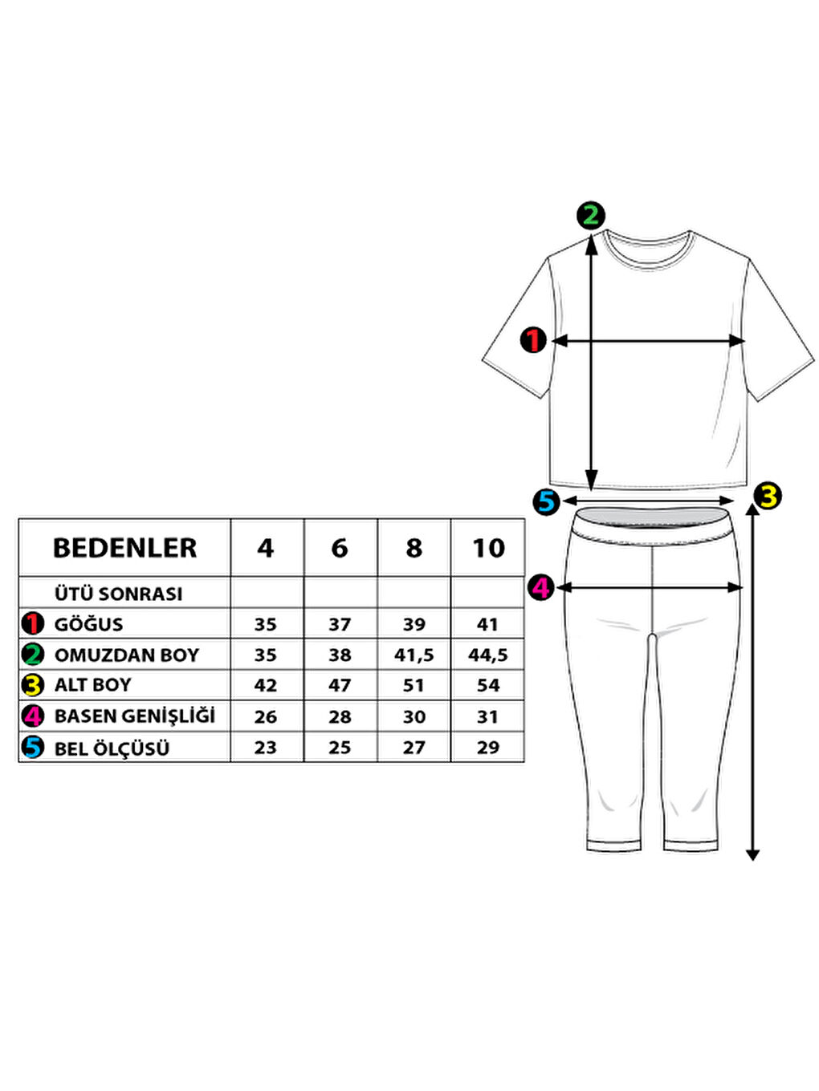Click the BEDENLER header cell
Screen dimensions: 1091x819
click(124, 548)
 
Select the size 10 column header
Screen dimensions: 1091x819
click(488, 548)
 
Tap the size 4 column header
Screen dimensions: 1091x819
click(266, 548)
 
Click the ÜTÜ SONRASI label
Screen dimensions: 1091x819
click(118, 594)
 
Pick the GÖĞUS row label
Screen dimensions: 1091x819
click(88, 624)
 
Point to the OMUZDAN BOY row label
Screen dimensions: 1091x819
click(126, 655)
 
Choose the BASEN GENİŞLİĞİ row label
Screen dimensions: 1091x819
click(134, 716)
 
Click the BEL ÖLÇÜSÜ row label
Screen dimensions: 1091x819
click(112, 748)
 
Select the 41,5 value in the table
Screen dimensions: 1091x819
click(414, 655)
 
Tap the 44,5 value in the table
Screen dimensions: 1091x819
click(488, 655)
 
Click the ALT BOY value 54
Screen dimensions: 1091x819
click(488, 685)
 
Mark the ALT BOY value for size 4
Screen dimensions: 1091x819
click(266, 685)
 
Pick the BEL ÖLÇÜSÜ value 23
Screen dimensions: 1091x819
click(266, 748)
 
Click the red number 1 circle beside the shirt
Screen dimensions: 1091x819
click(533, 340)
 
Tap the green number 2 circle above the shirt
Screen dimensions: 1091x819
click(591, 215)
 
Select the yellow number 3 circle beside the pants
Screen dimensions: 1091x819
click(768, 496)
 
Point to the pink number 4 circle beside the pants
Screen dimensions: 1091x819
click(541, 587)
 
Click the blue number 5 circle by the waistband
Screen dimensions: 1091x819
click(546, 502)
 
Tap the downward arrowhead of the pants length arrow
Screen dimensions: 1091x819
click(752, 855)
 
